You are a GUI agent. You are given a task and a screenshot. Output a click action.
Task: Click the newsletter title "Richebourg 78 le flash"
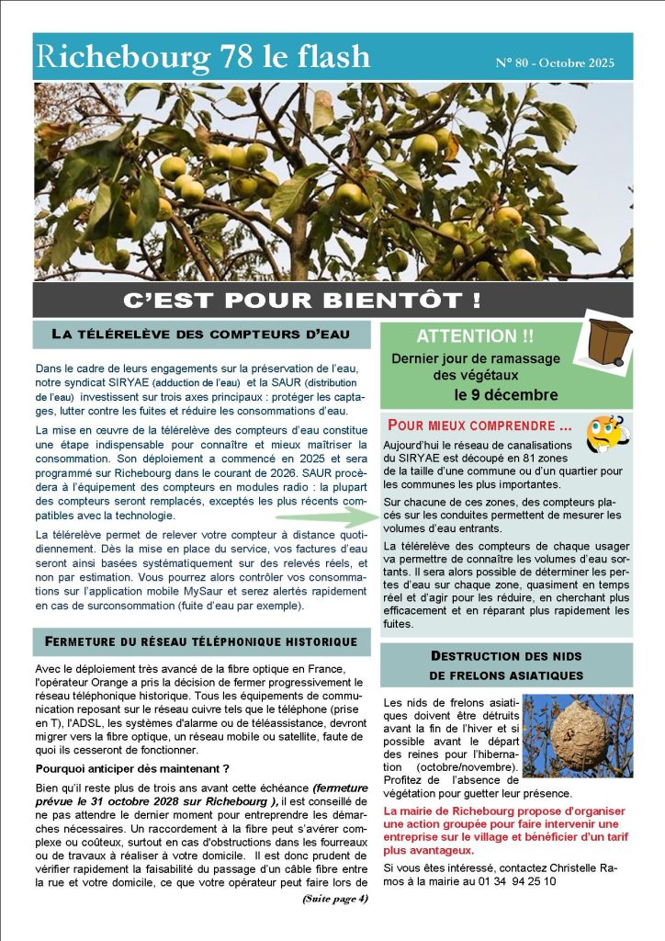(203, 57)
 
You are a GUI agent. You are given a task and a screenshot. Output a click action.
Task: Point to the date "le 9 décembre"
(505, 395)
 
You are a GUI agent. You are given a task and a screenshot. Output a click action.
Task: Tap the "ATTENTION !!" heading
(468, 336)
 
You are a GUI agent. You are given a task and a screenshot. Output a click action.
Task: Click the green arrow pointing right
(331, 516)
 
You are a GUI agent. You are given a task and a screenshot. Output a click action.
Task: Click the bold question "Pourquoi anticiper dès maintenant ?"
(131, 768)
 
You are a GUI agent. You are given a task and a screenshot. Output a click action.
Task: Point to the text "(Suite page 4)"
(334, 899)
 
